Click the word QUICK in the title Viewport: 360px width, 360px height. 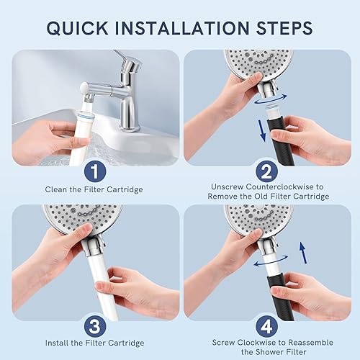(77, 28)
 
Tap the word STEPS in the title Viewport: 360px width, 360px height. (284, 28)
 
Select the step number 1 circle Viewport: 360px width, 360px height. (95, 171)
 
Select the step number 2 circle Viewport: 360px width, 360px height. (266, 171)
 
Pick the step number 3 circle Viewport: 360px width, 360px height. (95, 326)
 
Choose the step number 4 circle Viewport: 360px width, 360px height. (266, 326)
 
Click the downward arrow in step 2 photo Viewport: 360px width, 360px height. (262, 130)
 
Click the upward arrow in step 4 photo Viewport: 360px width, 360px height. (303, 253)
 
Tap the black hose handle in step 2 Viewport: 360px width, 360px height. (281, 142)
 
